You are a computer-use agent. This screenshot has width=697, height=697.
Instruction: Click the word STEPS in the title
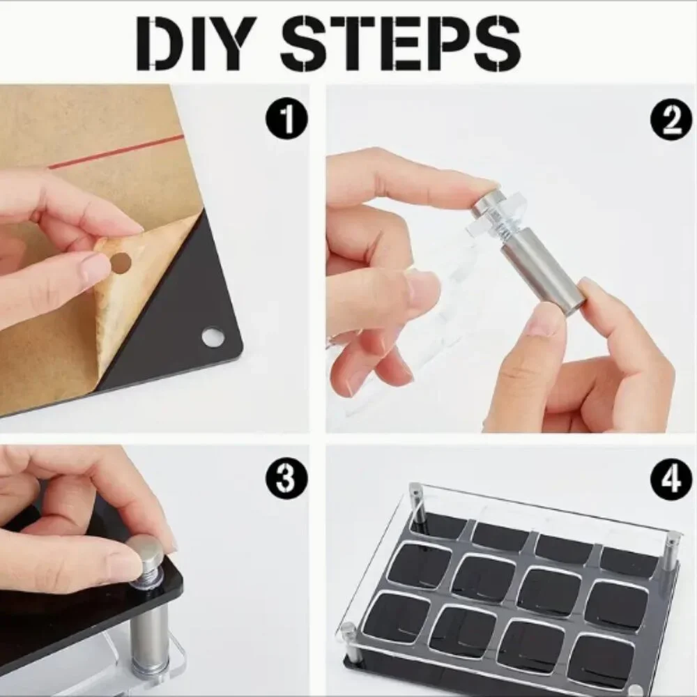tap(400, 43)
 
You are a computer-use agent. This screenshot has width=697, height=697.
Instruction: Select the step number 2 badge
tap(671, 118)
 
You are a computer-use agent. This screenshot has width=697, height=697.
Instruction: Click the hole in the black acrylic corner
tap(213, 337)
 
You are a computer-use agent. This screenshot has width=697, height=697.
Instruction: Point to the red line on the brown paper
tap(116, 151)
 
